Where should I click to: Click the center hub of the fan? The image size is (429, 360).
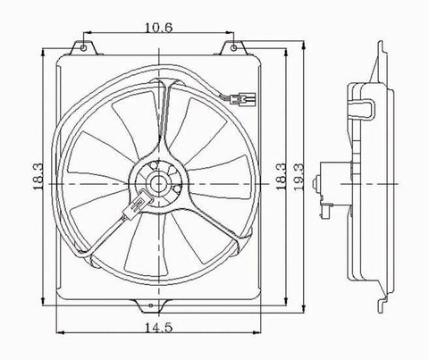tap(157, 185)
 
